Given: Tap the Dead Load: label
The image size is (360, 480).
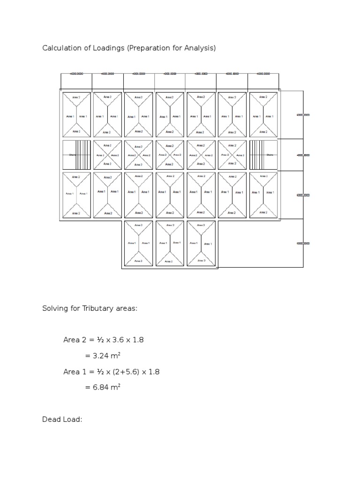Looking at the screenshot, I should (62, 420).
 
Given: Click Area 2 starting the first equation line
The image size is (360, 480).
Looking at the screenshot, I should (74, 340).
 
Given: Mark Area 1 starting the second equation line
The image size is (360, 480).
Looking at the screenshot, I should (74, 372).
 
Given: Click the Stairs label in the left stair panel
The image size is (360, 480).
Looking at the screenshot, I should (73, 154).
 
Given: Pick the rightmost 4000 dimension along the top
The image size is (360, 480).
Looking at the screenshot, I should (263, 74).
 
